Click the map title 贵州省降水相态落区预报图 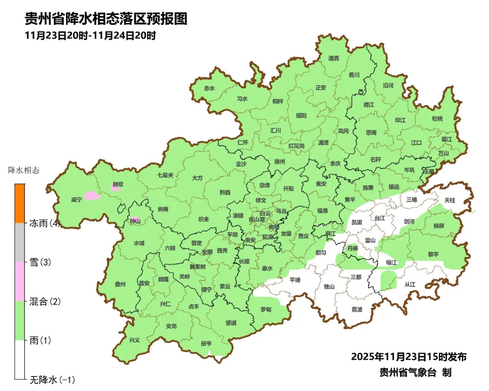[105, 19]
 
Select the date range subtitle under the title [91, 35]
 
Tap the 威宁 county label [77, 200]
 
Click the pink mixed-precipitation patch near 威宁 [92, 195]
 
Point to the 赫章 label [118, 184]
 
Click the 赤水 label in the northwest [209, 89]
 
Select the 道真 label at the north [334, 58]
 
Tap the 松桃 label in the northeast [437, 119]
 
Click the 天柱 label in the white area [450, 200]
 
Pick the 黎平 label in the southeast [433, 255]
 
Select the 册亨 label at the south [206, 343]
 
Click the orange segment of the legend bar [19, 203]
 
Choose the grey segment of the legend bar [19, 242]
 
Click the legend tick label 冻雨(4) [45, 223]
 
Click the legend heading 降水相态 [24, 171]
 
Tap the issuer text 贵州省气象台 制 [415, 372]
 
